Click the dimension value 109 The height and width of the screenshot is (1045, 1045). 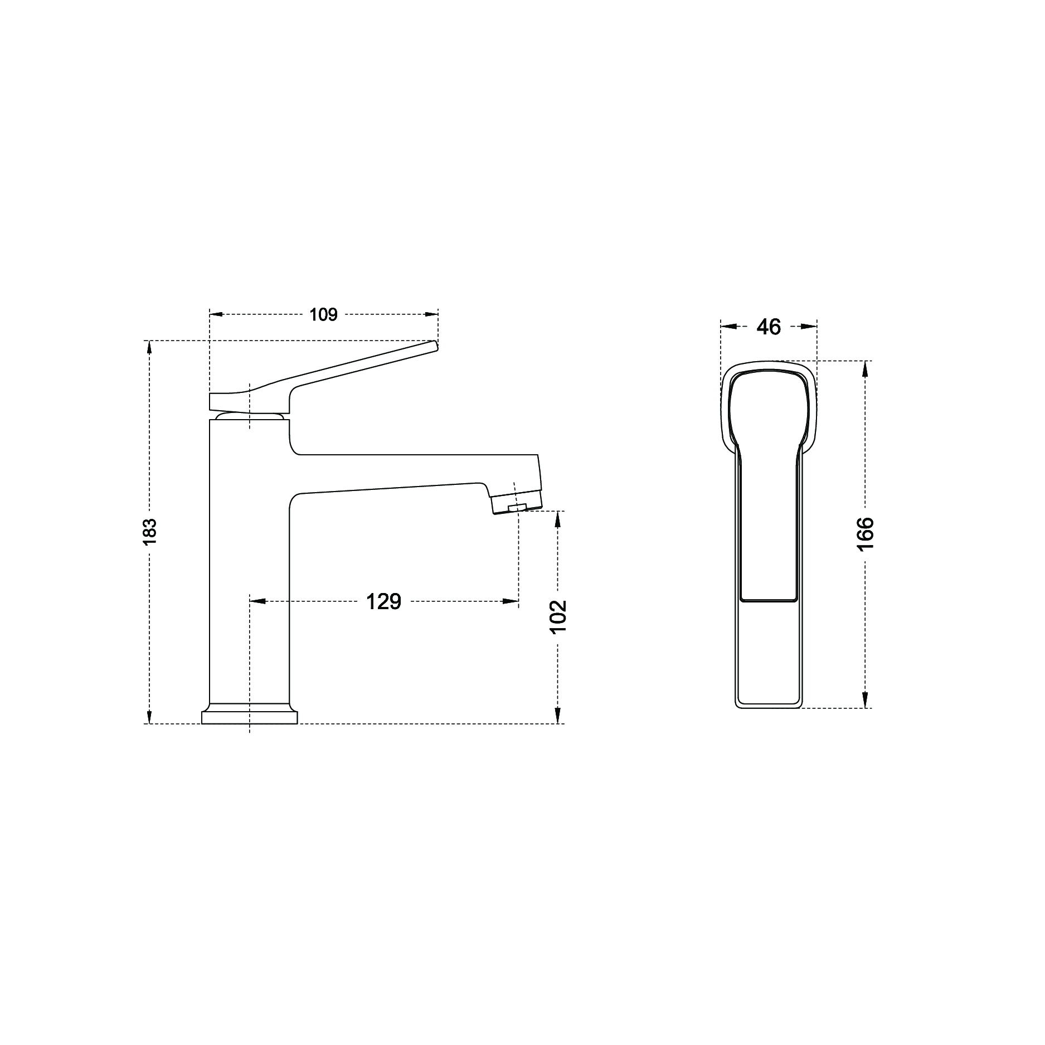click(324, 315)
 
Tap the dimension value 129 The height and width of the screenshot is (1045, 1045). click(383, 601)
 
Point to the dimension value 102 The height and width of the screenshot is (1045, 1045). click(558, 616)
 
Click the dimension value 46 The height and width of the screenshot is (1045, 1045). click(769, 327)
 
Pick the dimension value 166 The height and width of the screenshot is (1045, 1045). click(865, 534)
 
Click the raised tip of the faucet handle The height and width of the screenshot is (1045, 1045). click(435, 346)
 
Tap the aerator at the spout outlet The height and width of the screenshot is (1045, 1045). click(516, 502)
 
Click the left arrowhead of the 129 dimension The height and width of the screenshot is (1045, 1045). click(257, 601)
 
